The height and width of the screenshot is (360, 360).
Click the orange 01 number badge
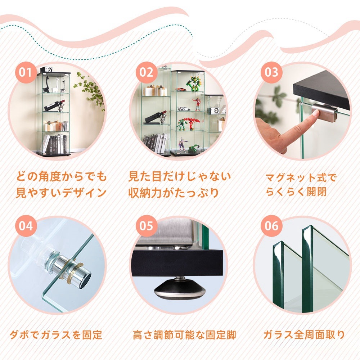coord(26,72)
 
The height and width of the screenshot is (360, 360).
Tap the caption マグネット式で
coord(301,177)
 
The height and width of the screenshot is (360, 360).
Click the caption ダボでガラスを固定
coord(56,335)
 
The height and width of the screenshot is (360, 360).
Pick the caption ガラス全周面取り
coord(304,335)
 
